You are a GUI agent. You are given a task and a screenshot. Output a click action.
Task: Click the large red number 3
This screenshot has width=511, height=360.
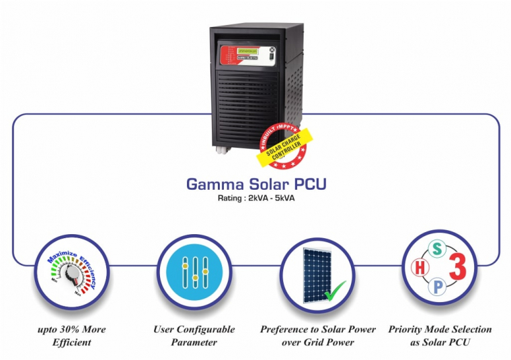pyautogui.click(x=457, y=268)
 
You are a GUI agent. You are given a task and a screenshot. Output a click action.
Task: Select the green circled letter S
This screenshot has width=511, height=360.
pyautogui.click(x=436, y=250)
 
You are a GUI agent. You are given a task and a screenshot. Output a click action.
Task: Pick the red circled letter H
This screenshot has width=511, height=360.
pyautogui.click(x=420, y=268)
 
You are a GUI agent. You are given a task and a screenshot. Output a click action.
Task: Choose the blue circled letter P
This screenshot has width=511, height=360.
pyautogui.click(x=436, y=287)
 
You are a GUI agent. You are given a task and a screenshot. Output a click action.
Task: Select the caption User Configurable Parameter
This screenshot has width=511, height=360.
pyautogui.click(x=194, y=336)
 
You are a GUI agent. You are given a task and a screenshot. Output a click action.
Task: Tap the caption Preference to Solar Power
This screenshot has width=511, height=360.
pyautogui.click(x=317, y=330)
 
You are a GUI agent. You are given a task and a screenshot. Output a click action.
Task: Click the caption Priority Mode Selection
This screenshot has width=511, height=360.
pyautogui.click(x=440, y=330)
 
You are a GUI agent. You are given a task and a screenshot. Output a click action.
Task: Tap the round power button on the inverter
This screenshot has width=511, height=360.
pyautogui.click(x=272, y=49)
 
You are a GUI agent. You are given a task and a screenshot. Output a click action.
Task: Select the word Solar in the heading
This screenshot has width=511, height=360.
pyautogui.click(x=260, y=184)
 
